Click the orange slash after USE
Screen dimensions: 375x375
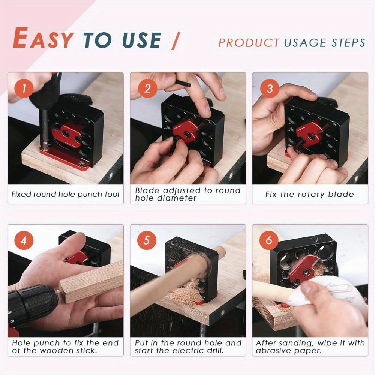tap(175, 40)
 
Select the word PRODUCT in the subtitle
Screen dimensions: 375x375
tap(249, 43)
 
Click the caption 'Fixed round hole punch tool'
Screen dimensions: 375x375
tap(65, 194)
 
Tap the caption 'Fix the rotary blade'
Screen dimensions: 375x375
tap(309, 194)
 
